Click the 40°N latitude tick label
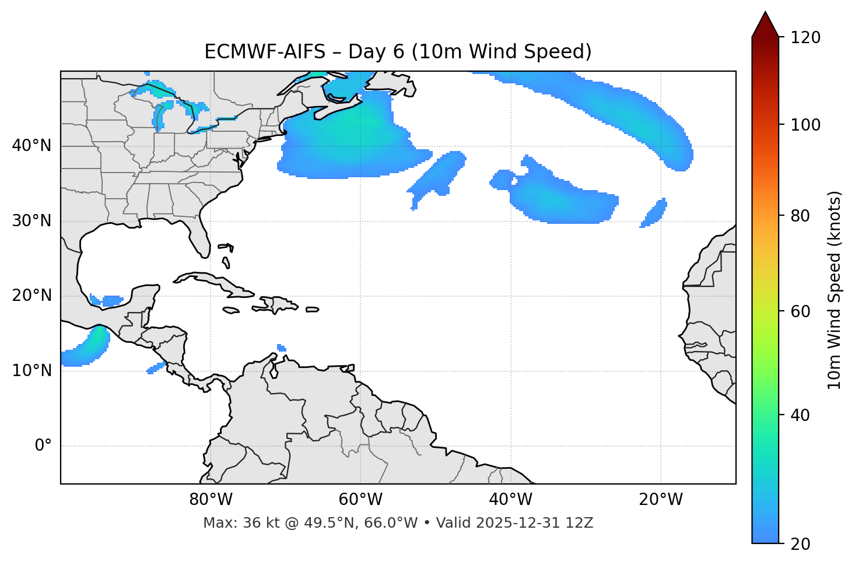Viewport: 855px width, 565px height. [31, 146]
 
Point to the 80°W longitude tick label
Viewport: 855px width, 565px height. [211, 500]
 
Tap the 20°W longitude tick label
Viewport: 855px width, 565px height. [660, 500]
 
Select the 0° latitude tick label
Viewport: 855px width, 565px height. [43, 446]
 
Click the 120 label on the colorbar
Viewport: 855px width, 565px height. [805, 38]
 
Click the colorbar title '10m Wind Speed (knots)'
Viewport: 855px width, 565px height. [834, 290]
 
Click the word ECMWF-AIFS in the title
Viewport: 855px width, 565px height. [265, 52]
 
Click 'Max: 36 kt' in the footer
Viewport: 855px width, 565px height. [233, 523]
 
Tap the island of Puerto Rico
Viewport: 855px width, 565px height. [313, 310]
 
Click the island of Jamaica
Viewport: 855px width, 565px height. [231, 311]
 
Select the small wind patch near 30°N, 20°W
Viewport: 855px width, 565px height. [654, 213]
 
